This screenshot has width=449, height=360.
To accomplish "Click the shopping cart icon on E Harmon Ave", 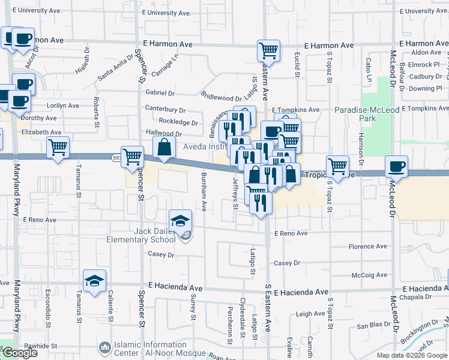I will tap(268, 50).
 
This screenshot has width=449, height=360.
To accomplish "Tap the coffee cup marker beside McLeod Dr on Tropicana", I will tap(396, 166).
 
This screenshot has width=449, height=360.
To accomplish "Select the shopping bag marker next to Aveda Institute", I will tap(164, 147).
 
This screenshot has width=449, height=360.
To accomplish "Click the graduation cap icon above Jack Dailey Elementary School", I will tap(180, 220).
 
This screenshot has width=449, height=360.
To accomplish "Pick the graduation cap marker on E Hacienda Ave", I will tap(94, 281).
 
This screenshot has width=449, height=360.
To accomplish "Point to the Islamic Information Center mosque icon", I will tap(106, 347).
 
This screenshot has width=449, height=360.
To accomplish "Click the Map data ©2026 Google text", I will tap(411, 355).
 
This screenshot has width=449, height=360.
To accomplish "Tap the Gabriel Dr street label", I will tap(160, 93).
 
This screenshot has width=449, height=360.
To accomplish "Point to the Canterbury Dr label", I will tap(165, 110).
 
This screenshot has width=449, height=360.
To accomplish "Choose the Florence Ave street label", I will tap(368, 247).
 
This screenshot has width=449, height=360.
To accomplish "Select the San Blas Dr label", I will tap(374, 325).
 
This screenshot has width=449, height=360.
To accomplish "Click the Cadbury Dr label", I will tap(425, 77).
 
